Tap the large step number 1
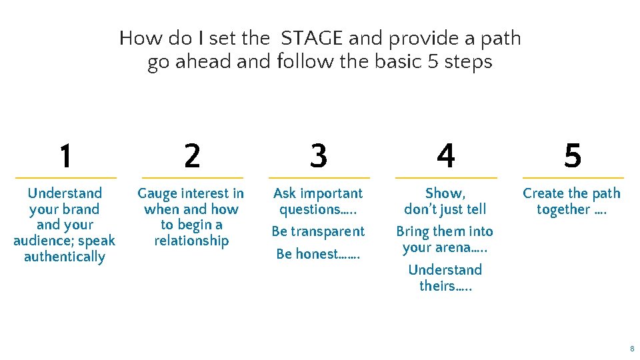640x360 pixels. pyautogui.click(x=65, y=156)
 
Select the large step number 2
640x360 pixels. pyautogui.click(x=191, y=156)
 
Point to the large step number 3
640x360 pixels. pyautogui.click(x=319, y=156)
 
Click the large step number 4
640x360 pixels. pyautogui.click(x=445, y=156)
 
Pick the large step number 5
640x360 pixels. pyautogui.click(x=572, y=156)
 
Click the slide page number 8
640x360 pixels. pyautogui.click(x=631, y=349)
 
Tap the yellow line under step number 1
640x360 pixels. pyautogui.click(x=65, y=178)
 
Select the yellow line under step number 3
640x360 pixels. pyautogui.click(x=319, y=178)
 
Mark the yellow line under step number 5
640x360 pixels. pyautogui.click(x=573, y=178)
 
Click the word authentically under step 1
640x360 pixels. pyautogui.click(x=65, y=257)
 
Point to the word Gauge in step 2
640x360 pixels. pyautogui.click(x=157, y=194)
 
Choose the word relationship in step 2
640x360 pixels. pyautogui.click(x=191, y=241)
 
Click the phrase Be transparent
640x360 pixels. pyautogui.click(x=318, y=231)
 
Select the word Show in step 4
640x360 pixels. pyautogui.click(x=443, y=193)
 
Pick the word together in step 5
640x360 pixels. pyautogui.click(x=563, y=209)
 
